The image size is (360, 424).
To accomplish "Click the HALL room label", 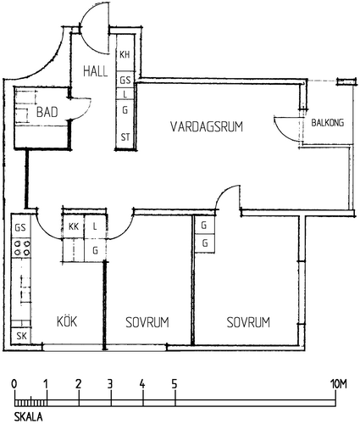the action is [x=96, y=71].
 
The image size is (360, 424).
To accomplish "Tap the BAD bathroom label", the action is [x=47, y=112].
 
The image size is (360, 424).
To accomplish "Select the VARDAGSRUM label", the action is [x=207, y=126].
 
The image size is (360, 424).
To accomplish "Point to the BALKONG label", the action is [x=328, y=123].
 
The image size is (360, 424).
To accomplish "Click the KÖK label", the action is [x=67, y=321].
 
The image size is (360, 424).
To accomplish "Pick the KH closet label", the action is [x=125, y=54].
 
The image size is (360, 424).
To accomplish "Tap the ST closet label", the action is [x=125, y=137].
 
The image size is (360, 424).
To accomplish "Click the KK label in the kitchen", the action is [x=74, y=226].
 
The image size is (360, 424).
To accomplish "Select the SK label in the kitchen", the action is [x=21, y=336].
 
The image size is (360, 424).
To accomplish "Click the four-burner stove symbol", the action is [x=22, y=248].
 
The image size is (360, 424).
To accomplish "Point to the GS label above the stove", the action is [x=20, y=227].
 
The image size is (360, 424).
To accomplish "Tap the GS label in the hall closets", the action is [x=125, y=81].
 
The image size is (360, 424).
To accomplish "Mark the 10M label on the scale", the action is [x=338, y=384].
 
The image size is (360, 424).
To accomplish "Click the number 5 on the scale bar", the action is [x=174, y=384].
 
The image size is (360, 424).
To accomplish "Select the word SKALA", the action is [x=29, y=416].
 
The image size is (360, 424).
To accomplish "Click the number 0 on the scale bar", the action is [x=14, y=384].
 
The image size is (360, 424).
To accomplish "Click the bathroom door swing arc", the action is [x=86, y=112].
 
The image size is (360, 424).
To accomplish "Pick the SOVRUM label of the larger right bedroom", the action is [x=248, y=322].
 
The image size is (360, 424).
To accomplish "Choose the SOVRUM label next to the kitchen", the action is [x=147, y=322].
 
